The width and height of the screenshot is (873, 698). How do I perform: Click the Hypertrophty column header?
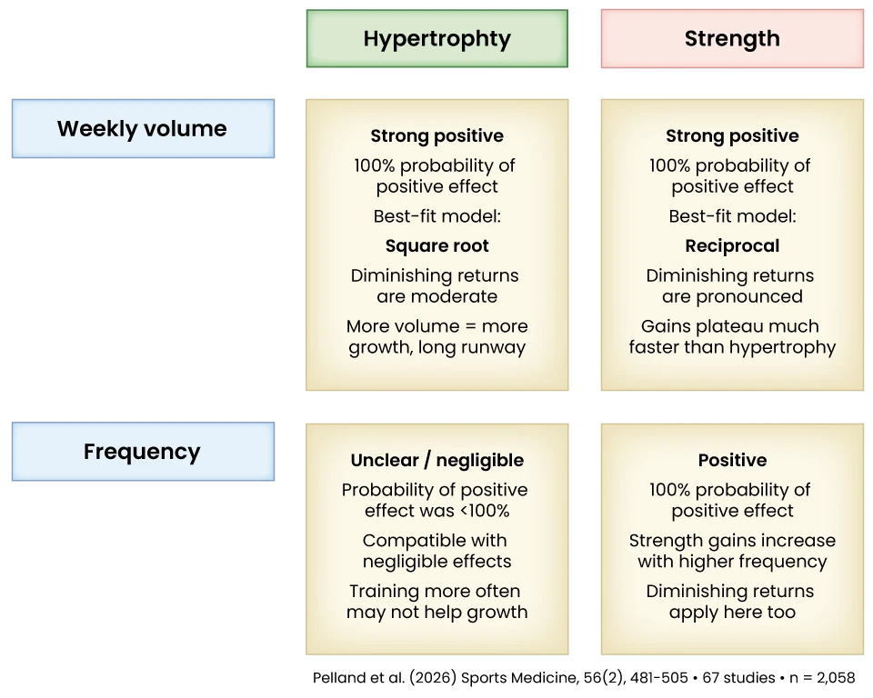pos(437,39)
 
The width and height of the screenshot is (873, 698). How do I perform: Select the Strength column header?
pos(731,39)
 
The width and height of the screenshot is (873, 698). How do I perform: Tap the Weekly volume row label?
pos(142,128)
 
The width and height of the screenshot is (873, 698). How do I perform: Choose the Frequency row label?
pos(142,452)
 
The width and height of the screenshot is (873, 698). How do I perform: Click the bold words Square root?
pos(436,245)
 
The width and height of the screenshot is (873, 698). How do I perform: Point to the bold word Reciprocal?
pos(732,245)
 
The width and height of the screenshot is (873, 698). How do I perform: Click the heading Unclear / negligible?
pos(436,460)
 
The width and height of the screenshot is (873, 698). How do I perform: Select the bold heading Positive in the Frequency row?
pos(732,460)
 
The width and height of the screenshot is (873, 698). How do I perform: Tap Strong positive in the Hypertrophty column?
pos(436,135)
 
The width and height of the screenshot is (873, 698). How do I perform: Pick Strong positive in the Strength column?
pos(732,135)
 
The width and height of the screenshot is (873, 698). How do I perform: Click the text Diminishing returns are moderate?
pos(436,285)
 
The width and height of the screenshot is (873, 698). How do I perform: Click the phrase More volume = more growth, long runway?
pos(436,336)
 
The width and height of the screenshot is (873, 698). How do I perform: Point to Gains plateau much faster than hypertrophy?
pos(732,336)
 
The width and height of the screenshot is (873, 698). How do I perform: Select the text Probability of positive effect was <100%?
pos(436,500)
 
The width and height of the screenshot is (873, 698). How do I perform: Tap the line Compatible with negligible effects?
pos(436,551)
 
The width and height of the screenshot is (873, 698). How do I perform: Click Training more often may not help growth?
pos(436,602)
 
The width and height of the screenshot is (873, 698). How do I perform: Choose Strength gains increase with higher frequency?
pos(732,551)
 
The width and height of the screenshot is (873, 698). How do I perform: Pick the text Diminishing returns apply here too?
pos(732,602)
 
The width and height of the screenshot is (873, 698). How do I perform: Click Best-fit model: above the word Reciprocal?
pos(732,216)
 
